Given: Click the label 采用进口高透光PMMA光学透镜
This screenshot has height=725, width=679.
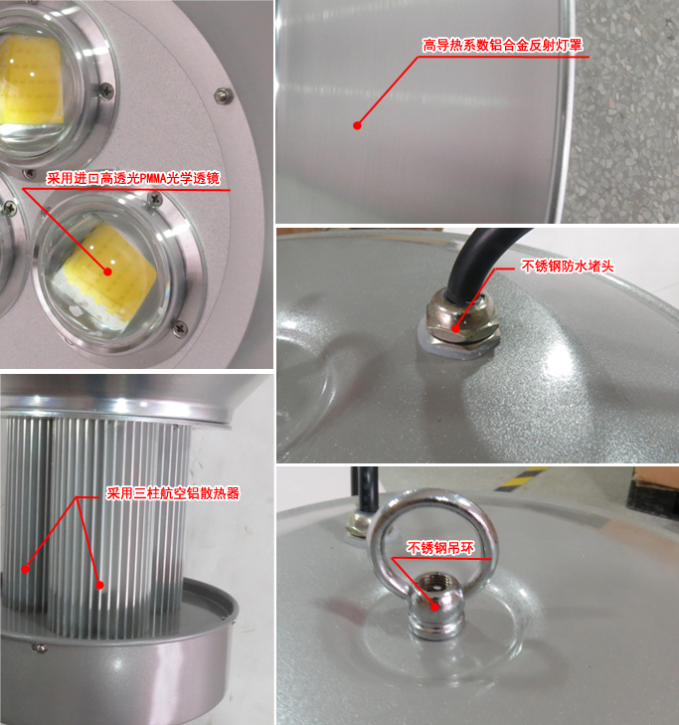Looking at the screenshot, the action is coord(133,178).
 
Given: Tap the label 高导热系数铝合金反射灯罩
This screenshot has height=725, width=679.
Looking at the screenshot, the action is coord(502,46).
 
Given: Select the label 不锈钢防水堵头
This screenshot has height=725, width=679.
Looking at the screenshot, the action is coord(568,266).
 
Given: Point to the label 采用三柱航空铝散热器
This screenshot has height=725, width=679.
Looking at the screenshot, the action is coord(173,493).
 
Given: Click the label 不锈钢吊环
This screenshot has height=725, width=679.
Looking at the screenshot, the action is coord(440,548).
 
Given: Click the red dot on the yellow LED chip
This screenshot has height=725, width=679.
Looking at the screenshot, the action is coord(107,272).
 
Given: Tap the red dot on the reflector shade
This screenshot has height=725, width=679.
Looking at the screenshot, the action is coord(357,125).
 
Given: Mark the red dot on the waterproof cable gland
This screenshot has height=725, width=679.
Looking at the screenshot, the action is coord(455,329).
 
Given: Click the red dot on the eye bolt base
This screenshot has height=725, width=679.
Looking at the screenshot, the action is coord(434,607).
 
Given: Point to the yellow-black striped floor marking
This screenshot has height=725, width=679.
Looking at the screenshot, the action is coord(521,478).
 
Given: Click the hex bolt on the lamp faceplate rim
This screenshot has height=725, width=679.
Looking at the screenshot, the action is coord(224,95).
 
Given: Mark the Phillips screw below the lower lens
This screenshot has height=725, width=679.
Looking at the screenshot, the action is coord(180,328).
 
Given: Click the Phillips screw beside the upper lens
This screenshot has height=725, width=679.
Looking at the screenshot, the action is coord(106,91).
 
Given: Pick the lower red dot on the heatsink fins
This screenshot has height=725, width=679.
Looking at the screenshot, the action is coord(99,586).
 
